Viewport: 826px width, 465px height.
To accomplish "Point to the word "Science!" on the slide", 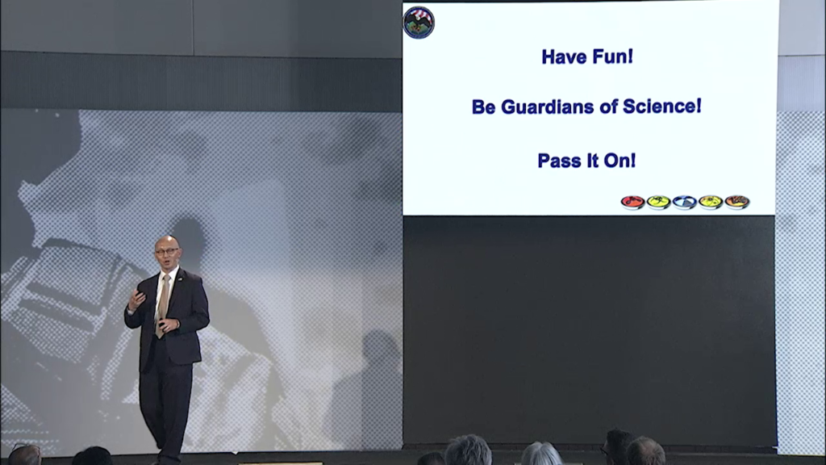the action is [x=662, y=106].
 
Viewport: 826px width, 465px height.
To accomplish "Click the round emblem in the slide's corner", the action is [x=419, y=23].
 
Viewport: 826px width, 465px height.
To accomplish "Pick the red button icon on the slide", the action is [x=632, y=203].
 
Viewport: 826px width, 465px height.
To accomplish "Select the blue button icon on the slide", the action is [x=685, y=203].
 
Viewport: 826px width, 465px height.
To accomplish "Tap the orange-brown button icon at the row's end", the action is [x=737, y=202].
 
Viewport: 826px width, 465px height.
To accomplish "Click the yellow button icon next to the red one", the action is [x=658, y=203].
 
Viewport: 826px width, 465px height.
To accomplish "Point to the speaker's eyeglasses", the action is [x=167, y=252].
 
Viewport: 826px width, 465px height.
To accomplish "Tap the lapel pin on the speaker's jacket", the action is [x=180, y=279].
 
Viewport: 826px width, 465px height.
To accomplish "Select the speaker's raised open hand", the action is [x=136, y=300].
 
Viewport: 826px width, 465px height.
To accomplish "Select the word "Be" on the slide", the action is [x=484, y=107].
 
